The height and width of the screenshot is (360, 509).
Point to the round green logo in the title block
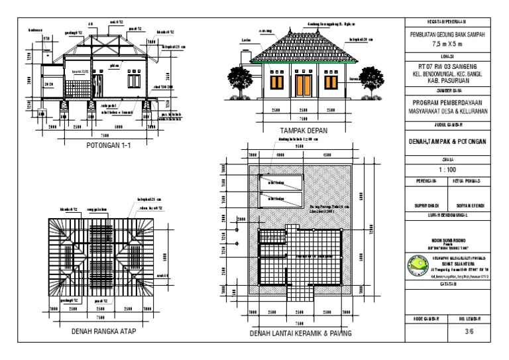(419, 264)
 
